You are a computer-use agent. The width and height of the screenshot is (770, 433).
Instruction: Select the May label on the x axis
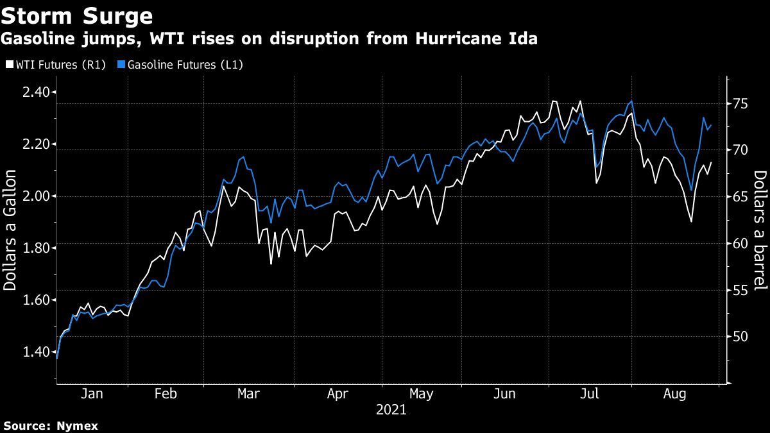421,394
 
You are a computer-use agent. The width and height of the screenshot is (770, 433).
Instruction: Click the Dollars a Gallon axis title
11,230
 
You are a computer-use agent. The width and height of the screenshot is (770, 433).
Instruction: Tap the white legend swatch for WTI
9,65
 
